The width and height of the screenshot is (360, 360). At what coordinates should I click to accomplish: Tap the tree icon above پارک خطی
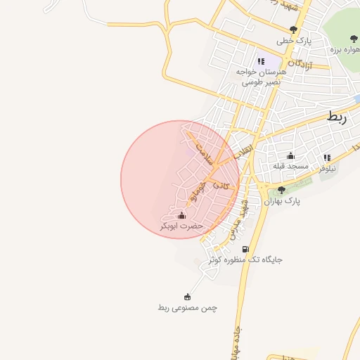click(x=293, y=30)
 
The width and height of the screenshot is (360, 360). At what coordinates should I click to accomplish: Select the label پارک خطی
click(x=293, y=41)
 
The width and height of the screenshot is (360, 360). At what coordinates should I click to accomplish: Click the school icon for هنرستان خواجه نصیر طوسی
click(x=261, y=62)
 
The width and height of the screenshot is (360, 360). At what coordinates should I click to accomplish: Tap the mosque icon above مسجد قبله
click(x=290, y=155)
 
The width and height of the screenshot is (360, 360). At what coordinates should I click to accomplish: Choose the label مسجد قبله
click(x=291, y=166)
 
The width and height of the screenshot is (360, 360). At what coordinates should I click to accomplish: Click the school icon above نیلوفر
click(x=327, y=158)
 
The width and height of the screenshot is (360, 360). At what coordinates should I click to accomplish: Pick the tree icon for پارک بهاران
click(x=281, y=190)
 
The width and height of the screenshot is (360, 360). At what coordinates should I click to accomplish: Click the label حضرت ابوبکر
click(x=182, y=226)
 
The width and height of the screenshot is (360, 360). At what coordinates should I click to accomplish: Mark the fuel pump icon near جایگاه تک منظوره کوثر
click(x=245, y=248)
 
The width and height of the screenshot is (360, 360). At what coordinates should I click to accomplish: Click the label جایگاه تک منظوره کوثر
click(x=245, y=259)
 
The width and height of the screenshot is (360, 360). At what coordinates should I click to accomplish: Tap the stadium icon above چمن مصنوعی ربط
click(x=187, y=297)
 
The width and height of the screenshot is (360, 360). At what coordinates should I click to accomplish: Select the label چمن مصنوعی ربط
click(x=188, y=308)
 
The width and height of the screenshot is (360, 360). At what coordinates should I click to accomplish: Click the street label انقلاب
click(x=241, y=153)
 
